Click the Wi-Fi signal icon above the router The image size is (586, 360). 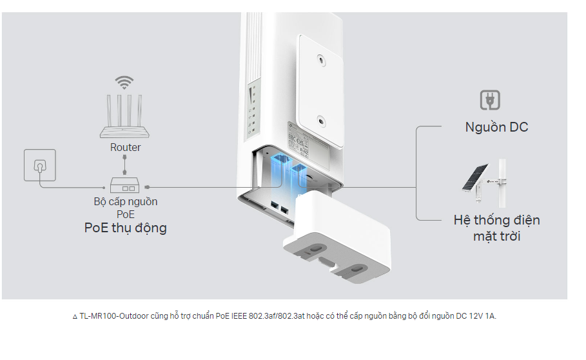[124, 83]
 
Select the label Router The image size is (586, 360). [125, 147]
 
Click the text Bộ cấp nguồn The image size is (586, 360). [125, 201]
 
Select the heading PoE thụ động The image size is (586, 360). [125, 228]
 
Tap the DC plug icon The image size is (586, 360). [491, 100]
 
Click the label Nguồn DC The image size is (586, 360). [496, 127]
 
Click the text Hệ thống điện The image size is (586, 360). [496, 220]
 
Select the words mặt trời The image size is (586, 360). [496, 236]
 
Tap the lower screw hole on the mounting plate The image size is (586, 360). [321, 120]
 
